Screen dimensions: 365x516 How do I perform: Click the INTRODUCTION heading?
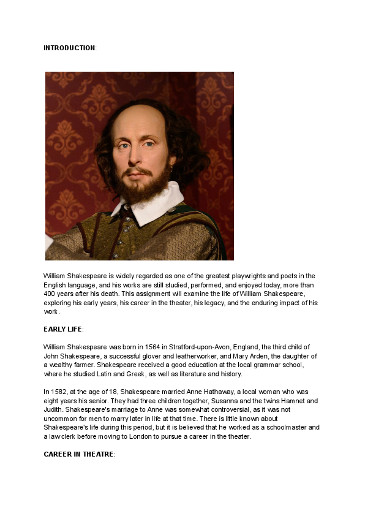tap(69, 48)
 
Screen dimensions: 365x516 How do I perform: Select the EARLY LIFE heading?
tap(63, 329)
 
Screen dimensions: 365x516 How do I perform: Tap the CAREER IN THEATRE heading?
tap(78, 454)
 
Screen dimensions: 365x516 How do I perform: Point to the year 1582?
tap(58, 392)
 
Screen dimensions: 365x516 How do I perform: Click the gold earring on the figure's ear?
tap(171, 167)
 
